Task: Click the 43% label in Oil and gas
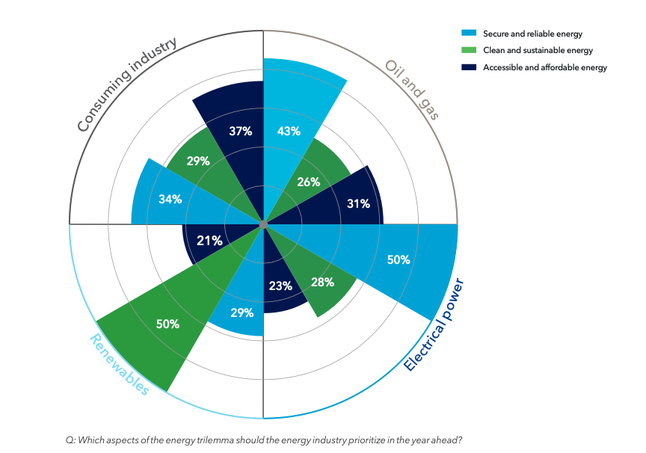(x=289, y=131)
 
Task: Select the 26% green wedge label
(x=309, y=182)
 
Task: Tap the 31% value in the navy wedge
(x=359, y=203)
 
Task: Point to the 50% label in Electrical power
(x=399, y=259)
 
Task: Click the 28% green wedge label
(x=323, y=282)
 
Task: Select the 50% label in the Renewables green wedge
(x=167, y=324)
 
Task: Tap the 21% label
(x=209, y=241)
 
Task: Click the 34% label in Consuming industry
(x=170, y=200)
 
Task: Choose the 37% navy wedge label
(x=240, y=131)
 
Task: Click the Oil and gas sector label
(x=411, y=89)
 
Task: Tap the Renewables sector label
(x=120, y=363)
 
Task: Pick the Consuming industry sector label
(x=126, y=84)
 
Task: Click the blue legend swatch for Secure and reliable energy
(x=469, y=34)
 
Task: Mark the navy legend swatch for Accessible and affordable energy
(x=469, y=67)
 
